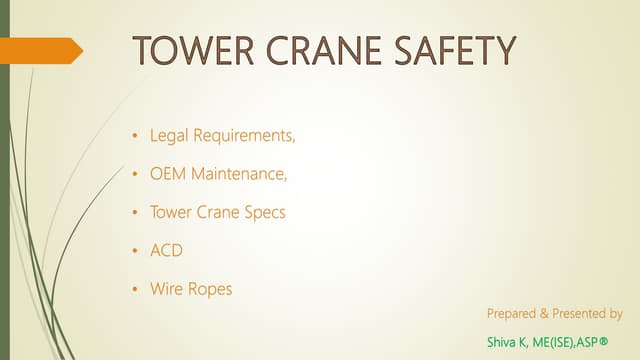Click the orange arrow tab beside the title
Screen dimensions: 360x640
(41, 50)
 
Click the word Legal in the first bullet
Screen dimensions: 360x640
(168, 134)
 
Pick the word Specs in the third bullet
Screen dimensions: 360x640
(264, 212)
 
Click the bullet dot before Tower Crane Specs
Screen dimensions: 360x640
(136, 213)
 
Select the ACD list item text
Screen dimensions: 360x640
(166, 251)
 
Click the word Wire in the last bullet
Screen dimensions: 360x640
(166, 289)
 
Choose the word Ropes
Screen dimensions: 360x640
(210, 290)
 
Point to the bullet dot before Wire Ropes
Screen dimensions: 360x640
(136, 290)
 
